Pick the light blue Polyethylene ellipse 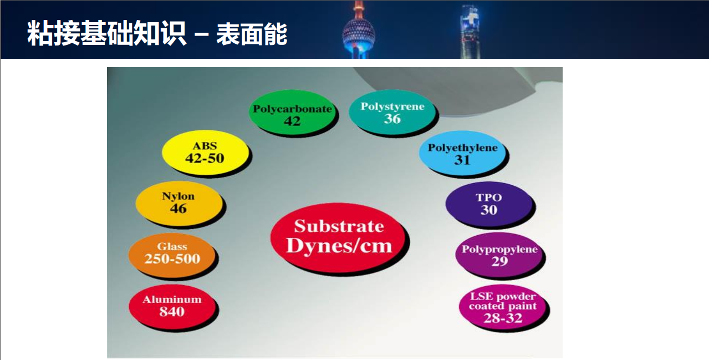(x=462, y=153)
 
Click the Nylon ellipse (x=179, y=203)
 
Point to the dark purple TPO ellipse (x=489, y=204)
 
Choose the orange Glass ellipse (x=172, y=255)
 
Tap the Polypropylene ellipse (x=499, y=255)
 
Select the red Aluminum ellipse (x=172, y=307)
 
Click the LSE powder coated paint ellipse (x=503, y=307)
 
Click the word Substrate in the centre (x=339, y=226)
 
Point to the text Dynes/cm (x=339, y=246)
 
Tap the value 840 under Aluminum (x=172, y=312)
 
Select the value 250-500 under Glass (x=172, y=258)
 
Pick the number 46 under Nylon (x=178, y=209)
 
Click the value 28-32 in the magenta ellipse (x=503, y=318)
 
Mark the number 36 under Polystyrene (x=392, y=119)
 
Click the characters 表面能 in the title (x=252, y=34)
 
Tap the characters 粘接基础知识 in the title (x=106, y=33)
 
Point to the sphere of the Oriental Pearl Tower (x=359, y=34)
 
